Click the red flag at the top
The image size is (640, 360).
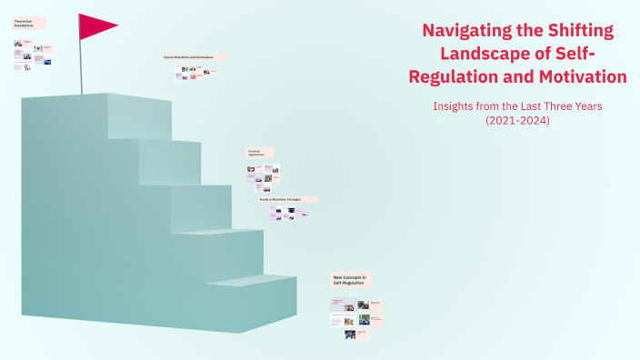tap(95, 26)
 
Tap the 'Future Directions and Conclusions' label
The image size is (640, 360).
tap(188, 56)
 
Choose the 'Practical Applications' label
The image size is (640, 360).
tap(259, 154)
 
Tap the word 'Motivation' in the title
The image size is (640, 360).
tap(582, 76)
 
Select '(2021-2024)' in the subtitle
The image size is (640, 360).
tap(517, 120)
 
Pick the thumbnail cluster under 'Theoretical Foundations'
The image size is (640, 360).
tap(32, 55)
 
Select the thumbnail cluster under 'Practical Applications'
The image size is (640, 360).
tap(264, 174)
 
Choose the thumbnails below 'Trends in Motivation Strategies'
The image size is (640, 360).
tap(289, 213)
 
